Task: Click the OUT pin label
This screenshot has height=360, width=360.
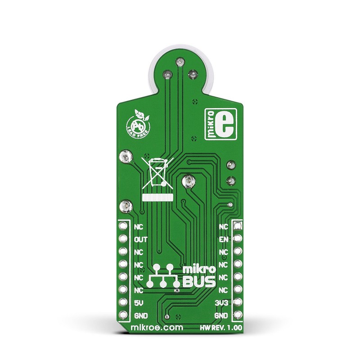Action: click(x=141, y=240)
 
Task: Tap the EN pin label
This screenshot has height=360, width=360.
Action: click(x=224, y=240)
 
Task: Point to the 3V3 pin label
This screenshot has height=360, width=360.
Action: click(x=222, y=303)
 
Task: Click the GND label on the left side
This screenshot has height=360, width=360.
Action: click(x=141, y=316)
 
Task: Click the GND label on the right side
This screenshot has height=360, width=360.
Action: click(x=221, y=316)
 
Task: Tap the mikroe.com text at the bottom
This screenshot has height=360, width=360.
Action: click(x=157, y=328)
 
